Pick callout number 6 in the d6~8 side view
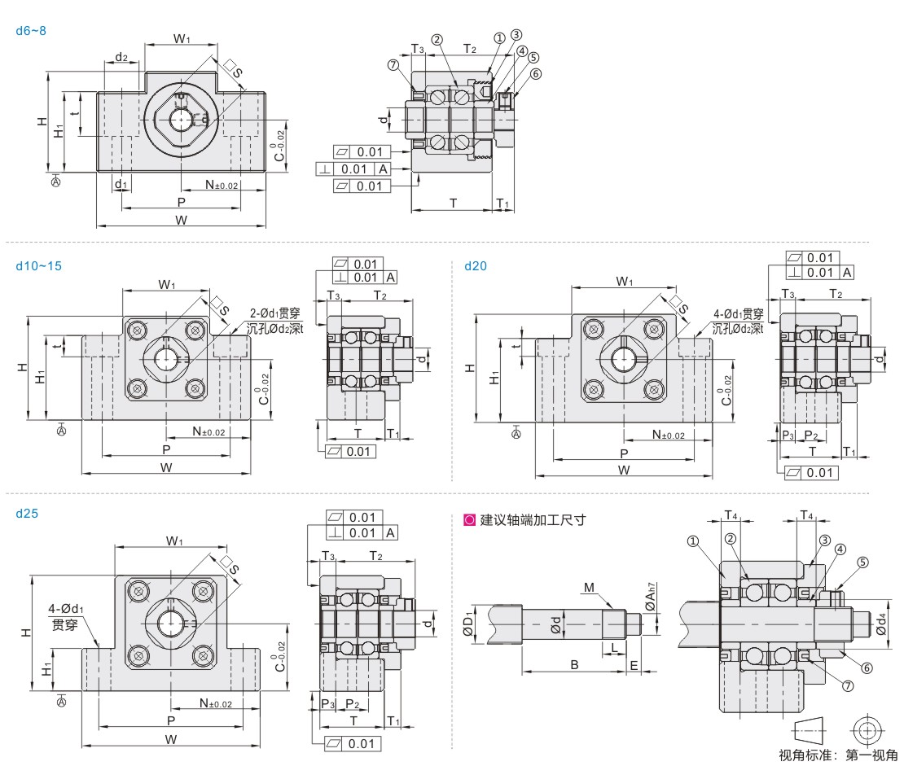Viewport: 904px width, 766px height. coord(535,74)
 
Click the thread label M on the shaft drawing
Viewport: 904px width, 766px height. coord(589,587)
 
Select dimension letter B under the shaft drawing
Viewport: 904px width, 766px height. coord(574,665)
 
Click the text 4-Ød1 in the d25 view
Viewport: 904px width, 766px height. coord(65,608)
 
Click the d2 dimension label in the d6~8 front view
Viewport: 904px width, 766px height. coord(121,57)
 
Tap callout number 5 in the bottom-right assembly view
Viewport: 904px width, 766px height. coord(862,562)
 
